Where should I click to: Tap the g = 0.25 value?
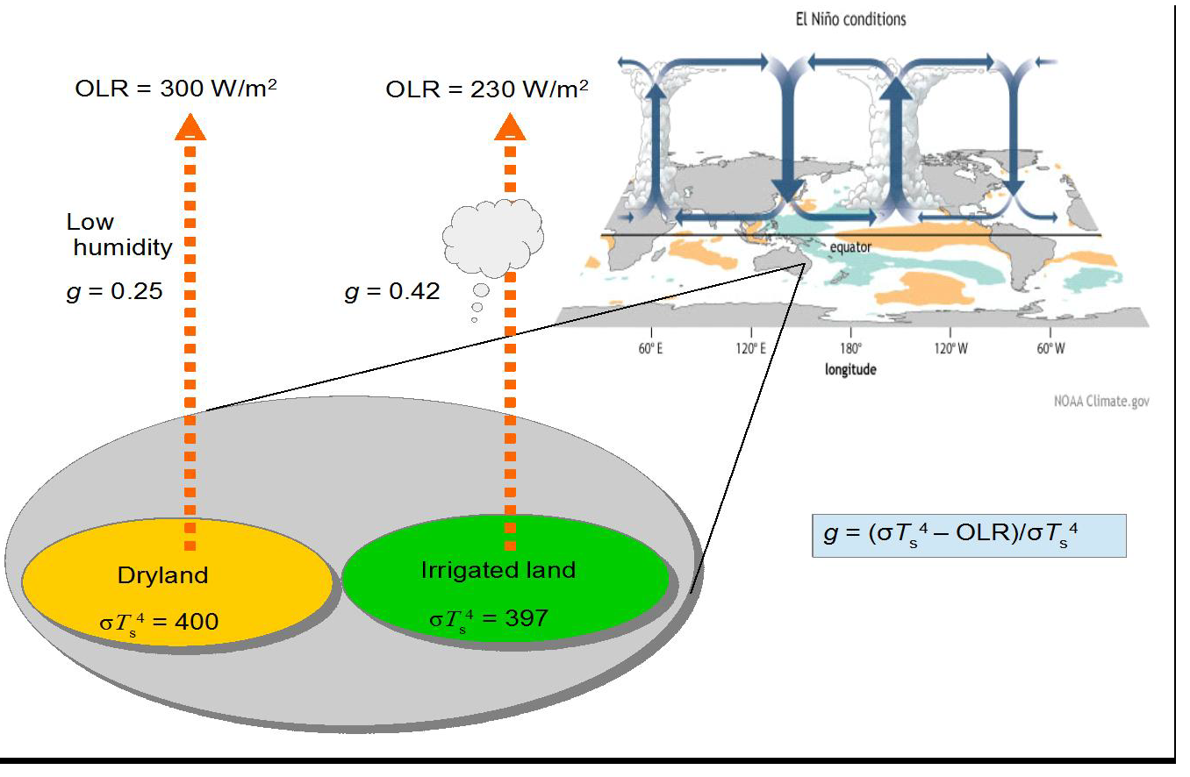click(x=115, y=291)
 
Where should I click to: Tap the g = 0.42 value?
click(x=392, y=291)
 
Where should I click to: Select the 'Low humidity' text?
click(x=120, y=235)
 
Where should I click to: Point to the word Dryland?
click(x=162, y=576)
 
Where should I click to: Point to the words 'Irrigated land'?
click(x=498, y=570)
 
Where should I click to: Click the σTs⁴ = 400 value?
click(x=159, y=622)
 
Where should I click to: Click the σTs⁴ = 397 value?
click(x=489, y=618)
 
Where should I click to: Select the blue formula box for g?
click(x=969, y=535)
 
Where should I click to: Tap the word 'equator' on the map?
click(x=849, y=247)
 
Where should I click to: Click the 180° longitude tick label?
click(x=849, y=348)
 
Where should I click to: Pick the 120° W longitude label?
click(x=950, y=348)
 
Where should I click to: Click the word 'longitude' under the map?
click(x=849, y=369)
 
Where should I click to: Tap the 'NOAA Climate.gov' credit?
click(x=1101, y=402)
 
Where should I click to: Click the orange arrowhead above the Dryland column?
click(x=190, y=129)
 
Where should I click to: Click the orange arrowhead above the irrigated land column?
click(x=510, y=129)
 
